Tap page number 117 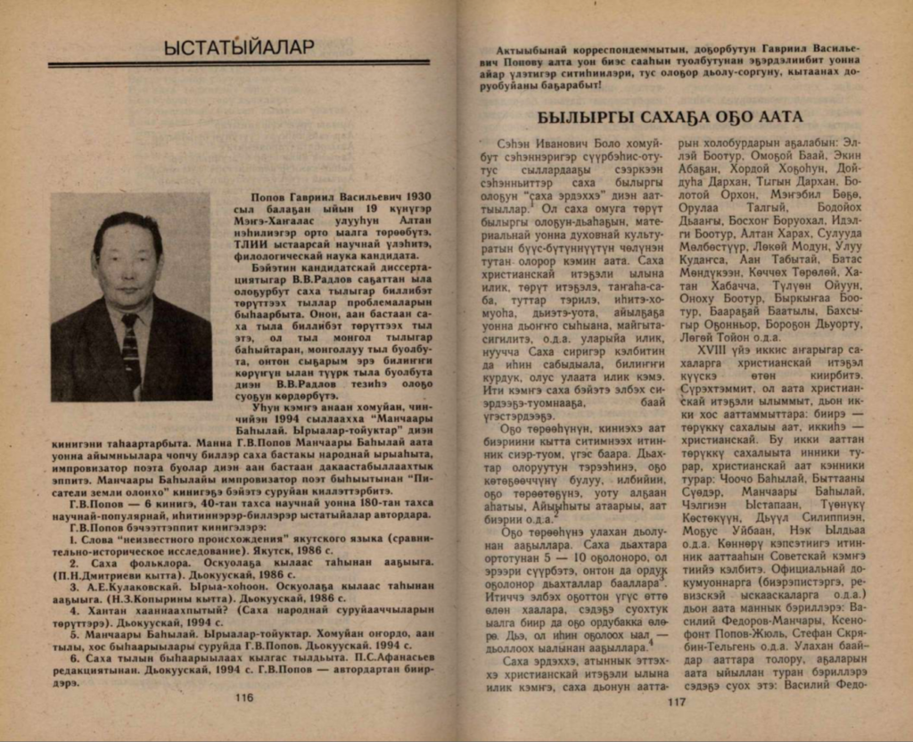(x=675, y=700)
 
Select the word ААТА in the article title (x=777, y=117)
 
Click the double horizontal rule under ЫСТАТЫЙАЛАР (x=238, y=63)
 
